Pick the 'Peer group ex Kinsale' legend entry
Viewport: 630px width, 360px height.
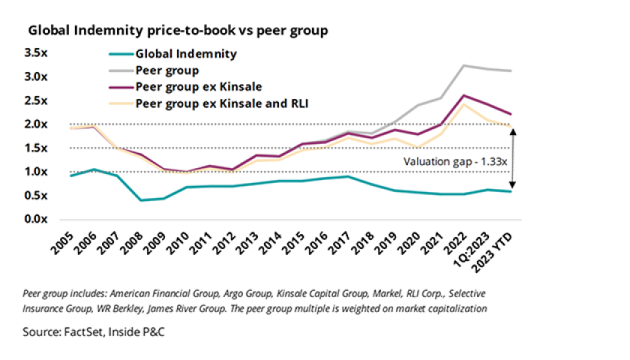point(198,87)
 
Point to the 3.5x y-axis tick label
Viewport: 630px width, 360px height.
point(36,53)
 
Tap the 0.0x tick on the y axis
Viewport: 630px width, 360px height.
point(36,219)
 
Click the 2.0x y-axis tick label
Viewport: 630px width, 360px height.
point(36,124)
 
